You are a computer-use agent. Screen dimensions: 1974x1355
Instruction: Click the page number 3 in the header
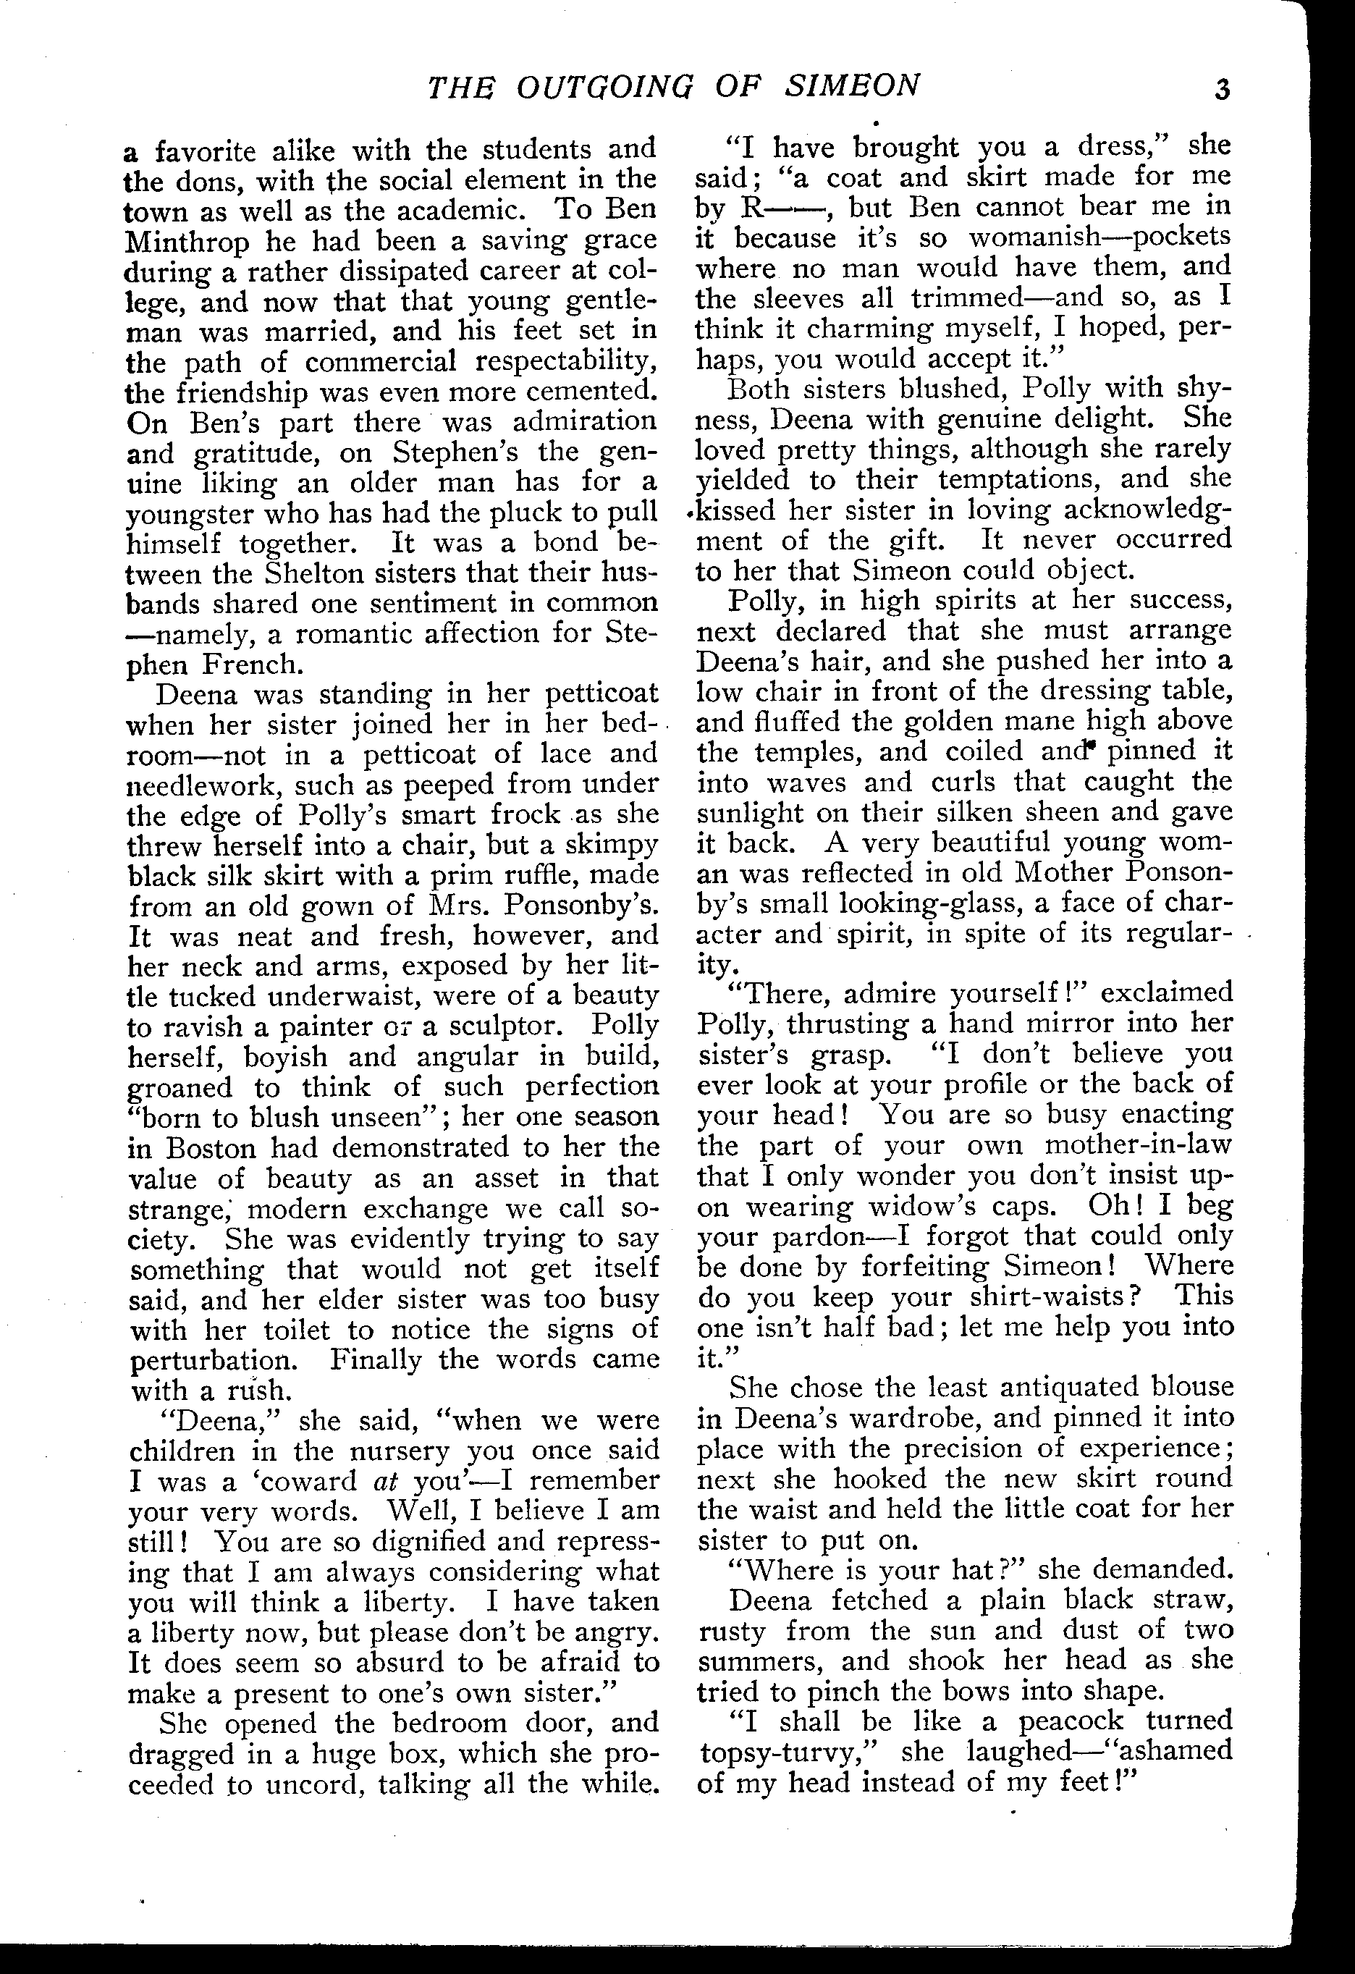pyautogui.click(x=1222, y=89)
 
